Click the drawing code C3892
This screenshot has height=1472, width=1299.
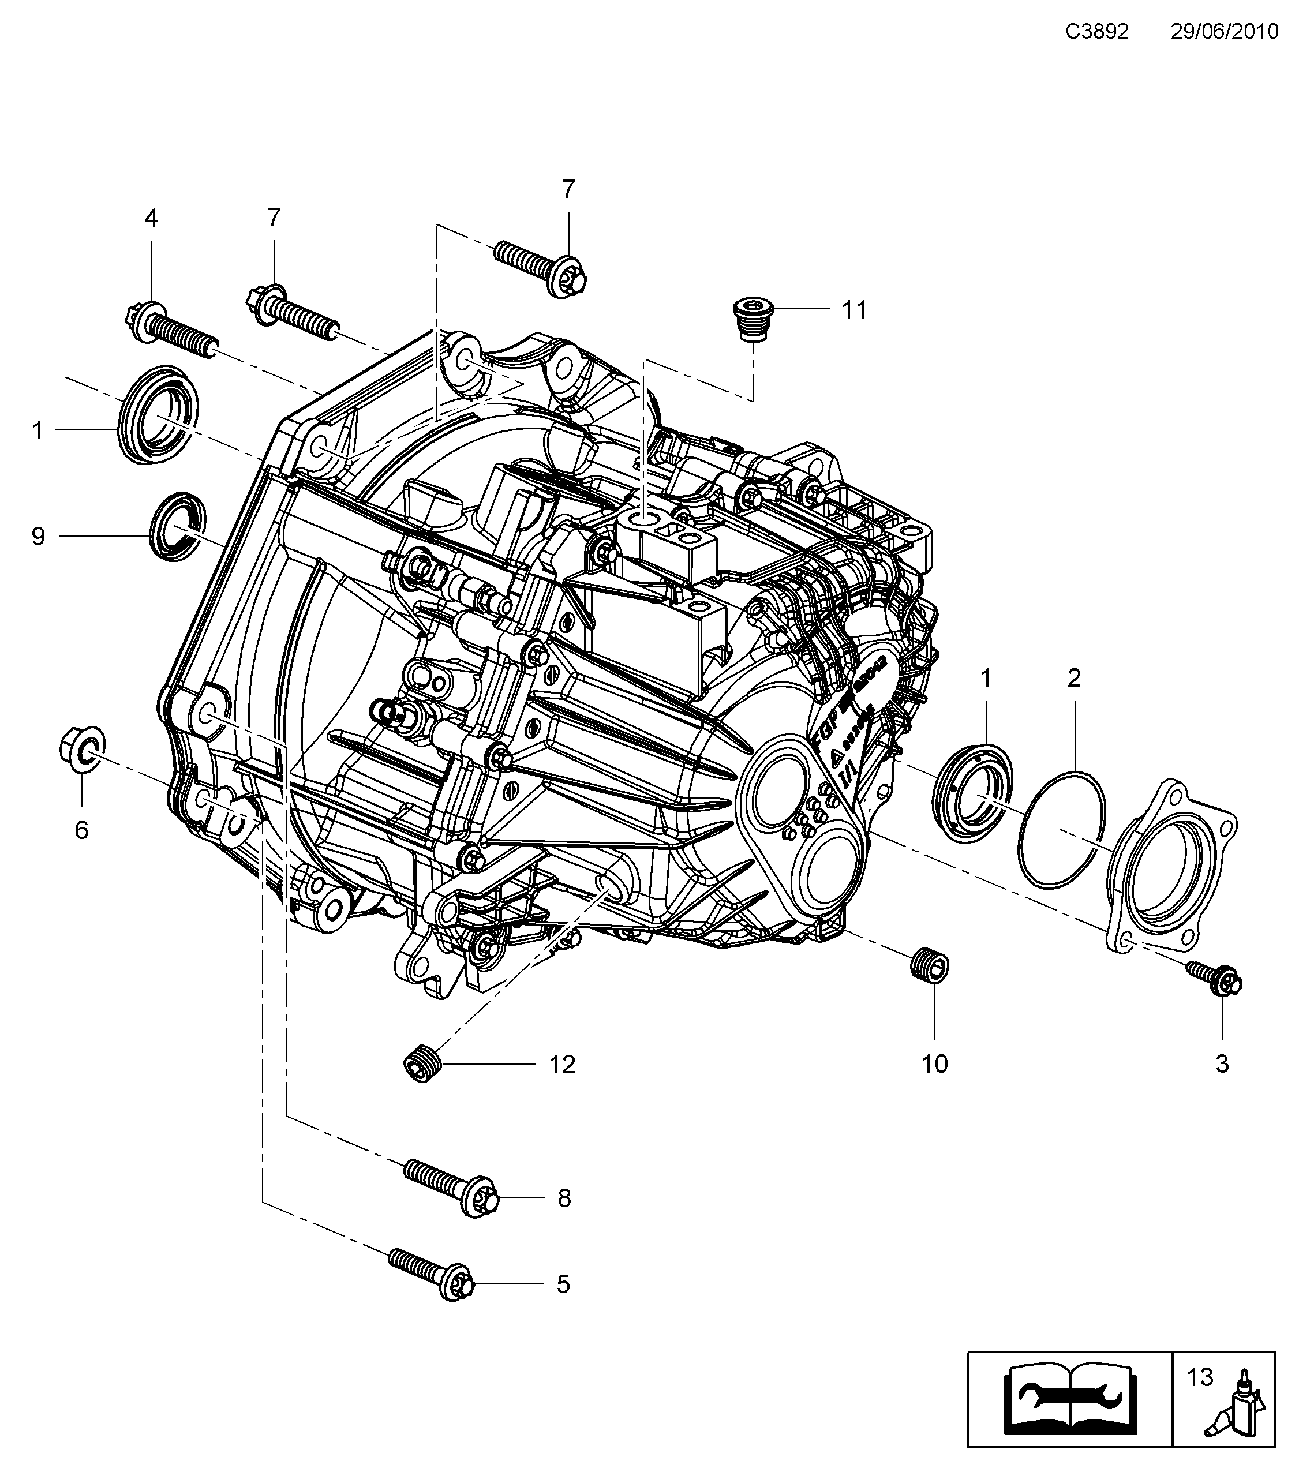[x=1098, y=32]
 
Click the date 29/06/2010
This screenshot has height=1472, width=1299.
[x=1224, y=32]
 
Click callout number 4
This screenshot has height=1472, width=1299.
[x=151, y=218]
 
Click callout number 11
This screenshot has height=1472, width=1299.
[x=855, y=310]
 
